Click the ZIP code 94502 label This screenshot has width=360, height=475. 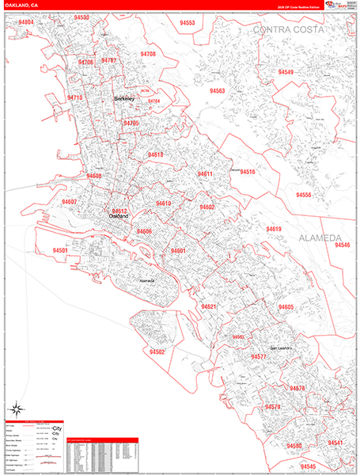click(157, 351)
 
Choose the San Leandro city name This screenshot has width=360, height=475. click(282, 348)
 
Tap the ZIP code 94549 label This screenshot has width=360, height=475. click(286, 72)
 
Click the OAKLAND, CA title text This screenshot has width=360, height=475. click(23, 6)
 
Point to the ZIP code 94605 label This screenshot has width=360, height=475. click(286, 307)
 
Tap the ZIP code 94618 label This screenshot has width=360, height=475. click(155, 155)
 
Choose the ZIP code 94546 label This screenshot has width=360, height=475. click(342, 245)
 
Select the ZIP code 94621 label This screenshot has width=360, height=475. click(208, 306)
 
